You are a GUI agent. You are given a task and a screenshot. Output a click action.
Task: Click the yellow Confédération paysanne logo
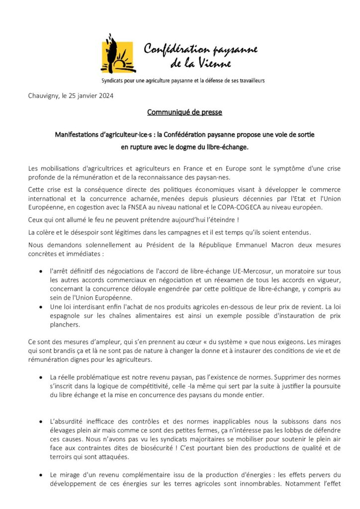tap(118, 53)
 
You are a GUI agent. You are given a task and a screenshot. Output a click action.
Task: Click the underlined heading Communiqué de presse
tap(184, 112)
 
